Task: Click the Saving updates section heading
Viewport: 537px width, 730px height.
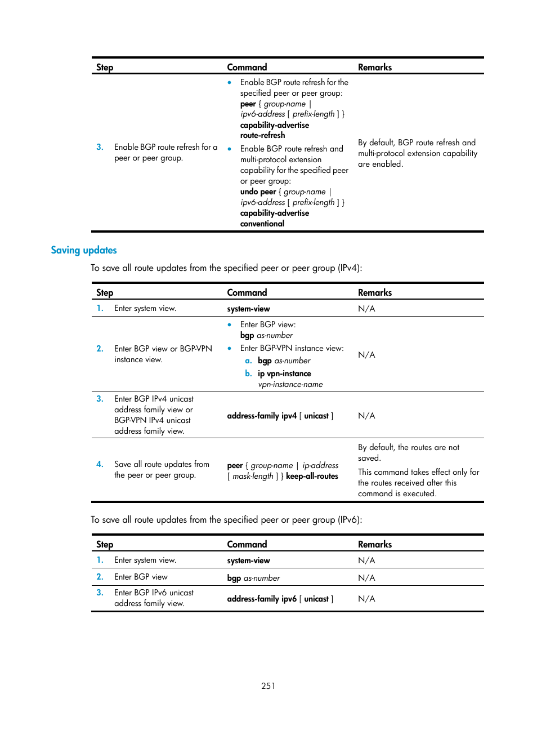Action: (84, 250)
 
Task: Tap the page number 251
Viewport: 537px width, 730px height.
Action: (268, 686)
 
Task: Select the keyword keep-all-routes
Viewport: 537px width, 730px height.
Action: (312, 476)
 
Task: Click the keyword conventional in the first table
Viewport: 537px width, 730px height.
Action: (262, 224)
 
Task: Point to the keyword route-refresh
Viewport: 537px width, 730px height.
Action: (262, 135)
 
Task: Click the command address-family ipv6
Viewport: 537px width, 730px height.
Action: (261, 599)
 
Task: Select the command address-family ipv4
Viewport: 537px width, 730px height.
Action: (261, 416)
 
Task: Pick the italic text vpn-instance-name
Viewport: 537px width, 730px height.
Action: (290, 384)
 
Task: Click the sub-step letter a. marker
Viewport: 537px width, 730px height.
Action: (248, 360)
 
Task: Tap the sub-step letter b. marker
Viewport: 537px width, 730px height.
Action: (248, 373)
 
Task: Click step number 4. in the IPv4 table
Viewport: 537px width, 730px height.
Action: (100, 464)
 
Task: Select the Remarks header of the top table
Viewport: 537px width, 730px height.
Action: (374, 67)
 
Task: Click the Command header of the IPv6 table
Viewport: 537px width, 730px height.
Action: (247, 544)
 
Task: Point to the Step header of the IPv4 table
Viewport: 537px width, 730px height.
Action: (105, 292)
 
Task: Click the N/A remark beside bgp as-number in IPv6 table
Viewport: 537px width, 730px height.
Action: (366, 577)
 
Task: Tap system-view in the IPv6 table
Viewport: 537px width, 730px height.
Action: (248, 560)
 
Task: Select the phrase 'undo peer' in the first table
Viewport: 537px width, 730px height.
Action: (258, 192)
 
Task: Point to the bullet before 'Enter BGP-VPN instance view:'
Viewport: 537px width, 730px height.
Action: (229, 348)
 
